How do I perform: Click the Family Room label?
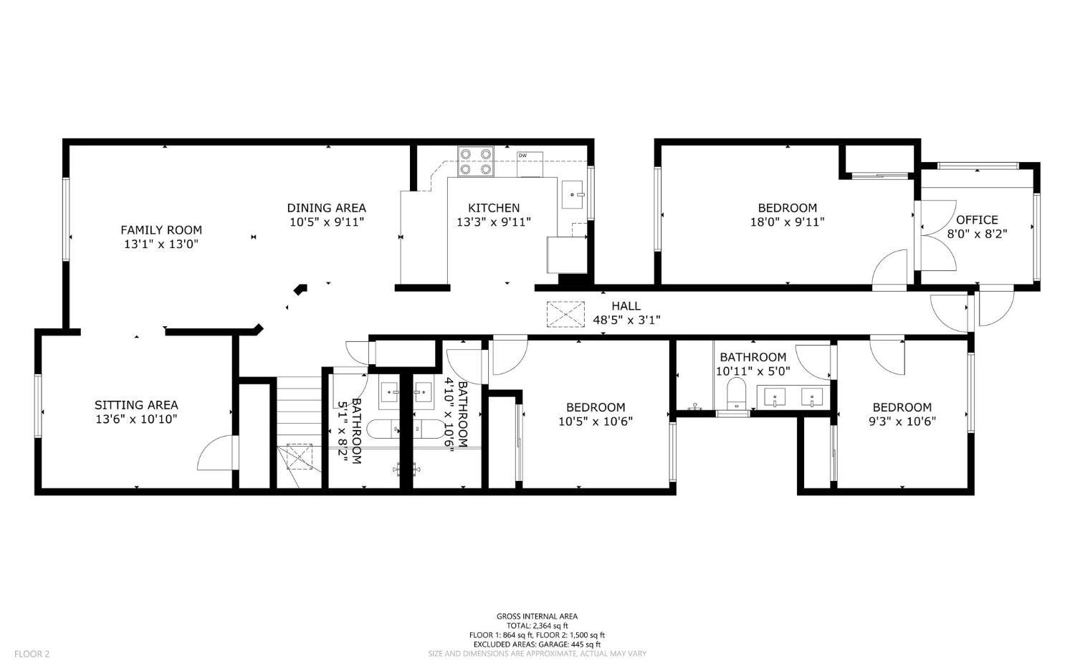[x=161, y=230]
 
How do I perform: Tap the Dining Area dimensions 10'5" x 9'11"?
[x=327, y=222]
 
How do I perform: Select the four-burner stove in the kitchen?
[x=476, y=161]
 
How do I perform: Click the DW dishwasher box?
[x=530, y=164]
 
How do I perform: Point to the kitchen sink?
[x=573, y=194]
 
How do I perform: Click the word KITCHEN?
[x=494, y=208]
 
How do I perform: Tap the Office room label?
[x=977, y=220]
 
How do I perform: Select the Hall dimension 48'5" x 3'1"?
[x=627, y=320]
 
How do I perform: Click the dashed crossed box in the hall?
[x=566, y=315]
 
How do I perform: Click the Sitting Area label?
[x=136, y=405]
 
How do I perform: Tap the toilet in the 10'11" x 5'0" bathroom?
[x=736, y=394]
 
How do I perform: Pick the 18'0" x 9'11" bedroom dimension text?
[x=788, y=222]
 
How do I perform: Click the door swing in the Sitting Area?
[x=215, y=452]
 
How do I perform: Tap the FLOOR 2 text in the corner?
[x=32, y=654]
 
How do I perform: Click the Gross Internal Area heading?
[x=537, y=617]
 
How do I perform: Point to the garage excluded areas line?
[x=537, y=644]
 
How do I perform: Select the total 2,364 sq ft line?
[x=537, y=626]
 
